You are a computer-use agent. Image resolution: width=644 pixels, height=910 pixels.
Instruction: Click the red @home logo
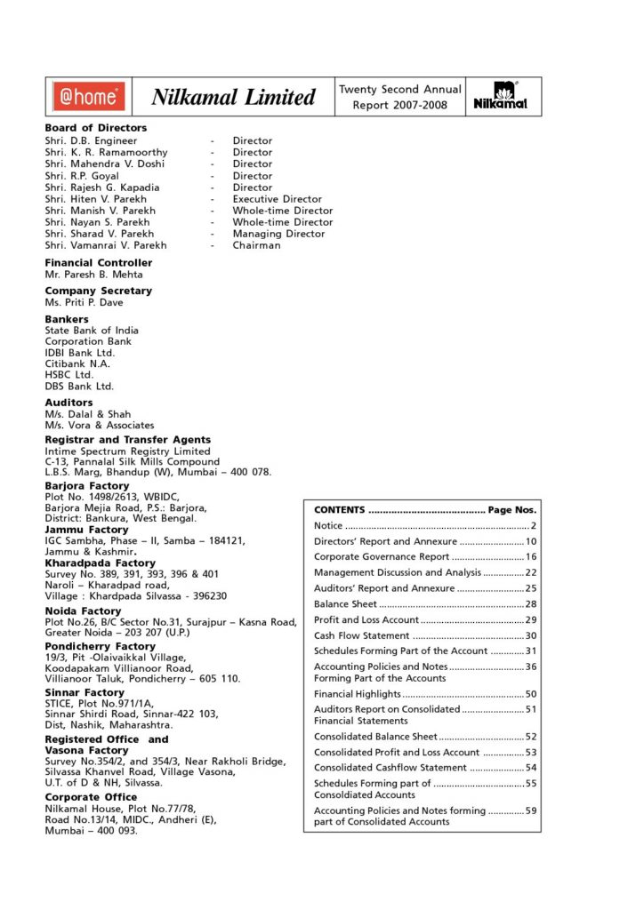point(88,96)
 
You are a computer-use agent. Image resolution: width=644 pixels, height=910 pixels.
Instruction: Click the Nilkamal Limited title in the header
point(233,97)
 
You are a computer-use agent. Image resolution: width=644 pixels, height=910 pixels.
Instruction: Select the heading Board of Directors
point(96,128)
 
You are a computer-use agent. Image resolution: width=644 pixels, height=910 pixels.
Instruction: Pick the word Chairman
point(256,245)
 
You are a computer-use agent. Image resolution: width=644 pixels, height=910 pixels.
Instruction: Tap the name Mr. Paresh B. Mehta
point(95,275)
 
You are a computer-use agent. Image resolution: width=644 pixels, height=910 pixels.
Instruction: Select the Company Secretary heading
point(98,291)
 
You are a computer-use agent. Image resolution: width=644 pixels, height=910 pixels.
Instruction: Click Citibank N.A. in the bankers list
point(78,364)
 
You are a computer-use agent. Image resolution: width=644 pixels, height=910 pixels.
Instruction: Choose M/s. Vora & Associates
point(99,426)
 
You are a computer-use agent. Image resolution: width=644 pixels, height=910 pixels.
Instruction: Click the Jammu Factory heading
point(87,530)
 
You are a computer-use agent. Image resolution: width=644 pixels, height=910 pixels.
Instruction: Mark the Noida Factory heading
point(84,611)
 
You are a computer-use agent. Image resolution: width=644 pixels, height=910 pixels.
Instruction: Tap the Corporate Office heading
point(91,797)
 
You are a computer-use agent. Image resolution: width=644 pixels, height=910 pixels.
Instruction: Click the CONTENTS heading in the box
point(340,510)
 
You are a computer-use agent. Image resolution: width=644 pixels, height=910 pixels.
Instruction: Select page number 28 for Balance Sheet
point(531,604)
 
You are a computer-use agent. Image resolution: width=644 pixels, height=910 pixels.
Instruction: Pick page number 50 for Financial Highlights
point(531,693)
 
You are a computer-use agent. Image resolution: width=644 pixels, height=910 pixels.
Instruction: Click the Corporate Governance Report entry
point(382,556)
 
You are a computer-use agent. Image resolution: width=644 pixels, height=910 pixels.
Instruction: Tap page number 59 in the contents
point(531,810)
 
